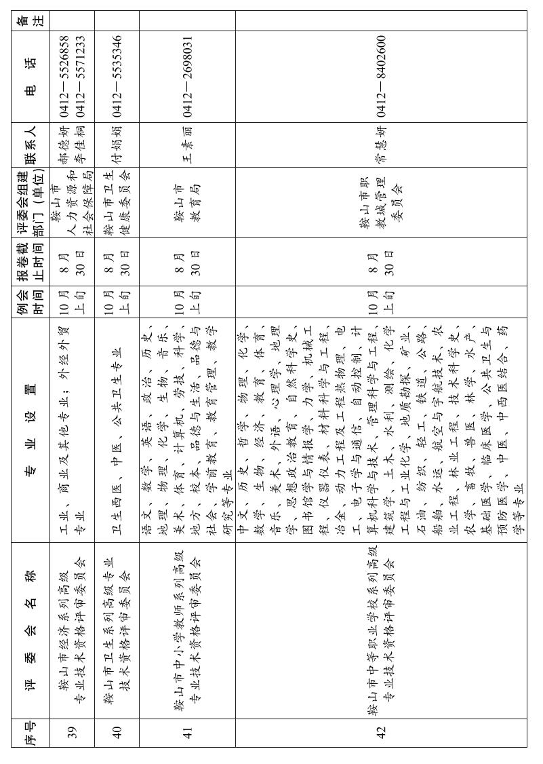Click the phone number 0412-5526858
(64, 77)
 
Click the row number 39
(73, 732)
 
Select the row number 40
(117, 732)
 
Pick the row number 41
(188, 732)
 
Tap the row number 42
(381, 732)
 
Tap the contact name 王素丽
(188, 145)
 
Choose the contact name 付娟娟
(117, 145)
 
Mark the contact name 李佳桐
(81, 145)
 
